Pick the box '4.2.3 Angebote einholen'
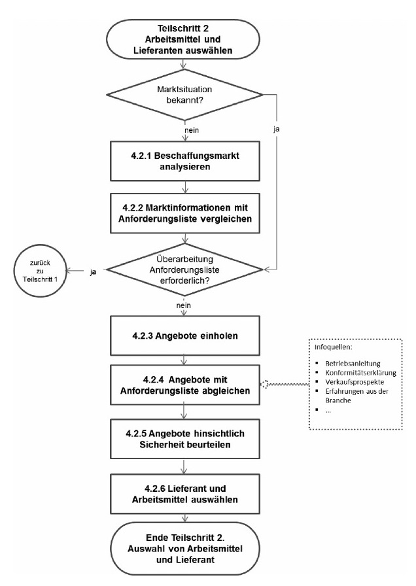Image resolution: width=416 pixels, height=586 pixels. point(187,336)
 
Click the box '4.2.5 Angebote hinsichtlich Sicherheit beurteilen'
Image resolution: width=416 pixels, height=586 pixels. point(187,437)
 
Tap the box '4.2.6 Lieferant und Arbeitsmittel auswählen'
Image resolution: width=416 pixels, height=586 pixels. point(187,489)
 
